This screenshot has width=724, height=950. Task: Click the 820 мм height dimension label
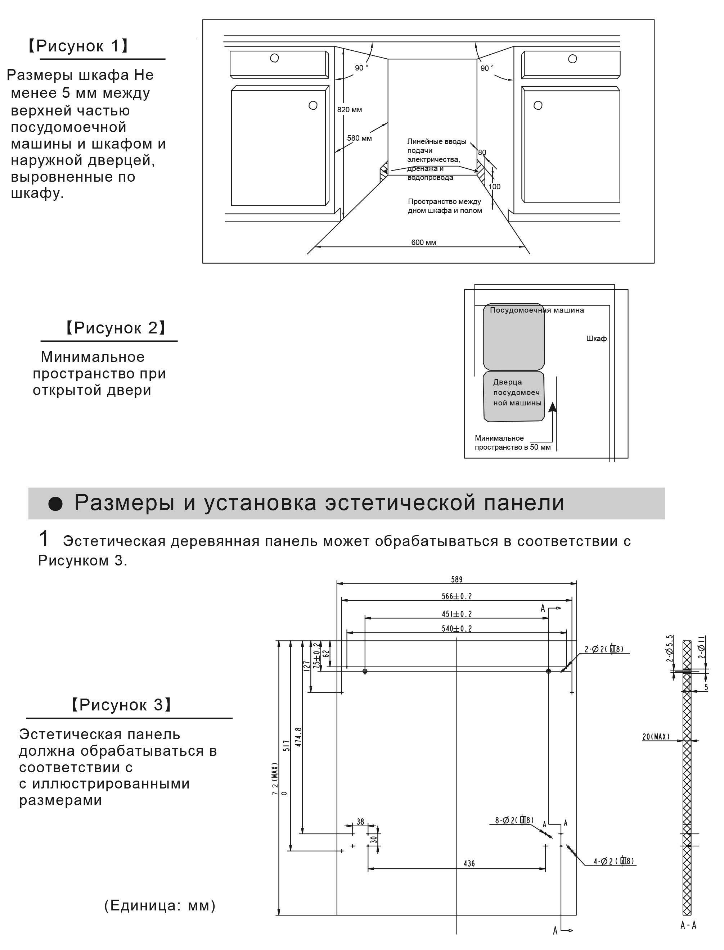(349, 110)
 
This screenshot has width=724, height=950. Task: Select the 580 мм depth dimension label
(359, 138)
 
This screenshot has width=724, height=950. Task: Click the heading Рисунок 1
(78, 46)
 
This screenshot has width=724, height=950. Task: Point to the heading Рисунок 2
(115, 328)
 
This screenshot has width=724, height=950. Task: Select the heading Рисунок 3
(121, 705)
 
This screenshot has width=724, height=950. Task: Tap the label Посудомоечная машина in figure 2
(536, 310)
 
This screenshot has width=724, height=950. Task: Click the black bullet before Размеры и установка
(55, 504)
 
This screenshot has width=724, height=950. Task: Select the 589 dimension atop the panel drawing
(457, 579)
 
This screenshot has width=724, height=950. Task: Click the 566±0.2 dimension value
(457, 596)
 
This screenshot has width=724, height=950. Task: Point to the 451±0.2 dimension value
(457, 614)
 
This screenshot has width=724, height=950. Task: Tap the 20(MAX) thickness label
(656, 737)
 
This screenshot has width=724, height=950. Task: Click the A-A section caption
(688, 925)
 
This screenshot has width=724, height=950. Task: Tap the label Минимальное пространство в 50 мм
(512, 443)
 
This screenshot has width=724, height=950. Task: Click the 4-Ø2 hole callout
(613, 861)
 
